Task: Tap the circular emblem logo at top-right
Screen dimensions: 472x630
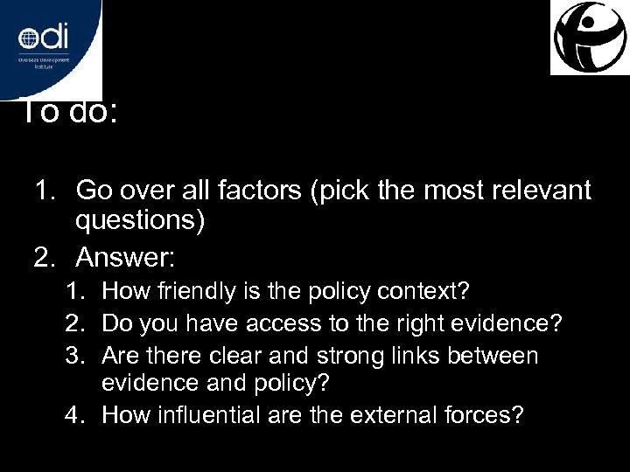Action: (588, 38)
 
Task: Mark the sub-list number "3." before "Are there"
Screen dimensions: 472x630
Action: (75, 357)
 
